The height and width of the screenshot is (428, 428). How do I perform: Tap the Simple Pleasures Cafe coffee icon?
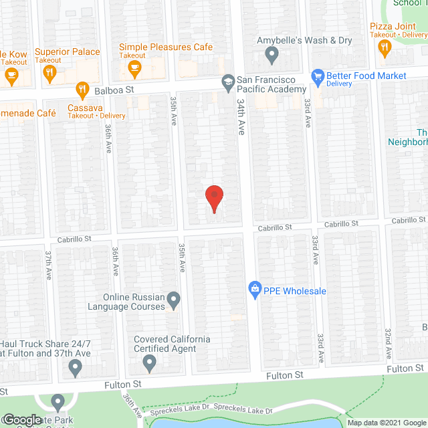coord(134,68)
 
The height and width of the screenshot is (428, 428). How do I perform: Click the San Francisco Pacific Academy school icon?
coord(227,81)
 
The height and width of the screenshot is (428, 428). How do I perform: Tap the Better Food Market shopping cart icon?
coord(318,76)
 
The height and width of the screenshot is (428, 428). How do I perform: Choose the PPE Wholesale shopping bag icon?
coord(255,290)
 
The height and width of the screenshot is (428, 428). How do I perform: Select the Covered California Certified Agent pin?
coord(150,364)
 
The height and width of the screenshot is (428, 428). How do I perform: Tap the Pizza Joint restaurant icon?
coord(384,47)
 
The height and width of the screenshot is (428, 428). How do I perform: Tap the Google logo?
coord(22,420)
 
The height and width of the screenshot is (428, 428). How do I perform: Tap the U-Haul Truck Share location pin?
coord(75,366)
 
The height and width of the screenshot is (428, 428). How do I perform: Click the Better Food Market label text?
coord(368,76)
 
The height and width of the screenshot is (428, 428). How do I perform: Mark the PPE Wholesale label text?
coord(296,291)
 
